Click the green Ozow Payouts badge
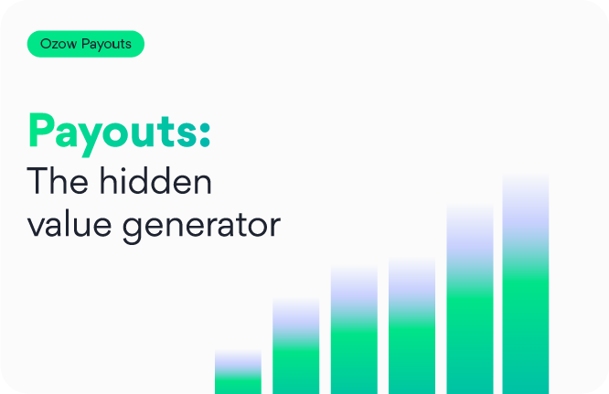click(85, 45)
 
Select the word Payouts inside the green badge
click(106, 45)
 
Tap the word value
click(74, 225)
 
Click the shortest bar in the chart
click(238, 373)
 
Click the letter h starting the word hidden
click(111, 182)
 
